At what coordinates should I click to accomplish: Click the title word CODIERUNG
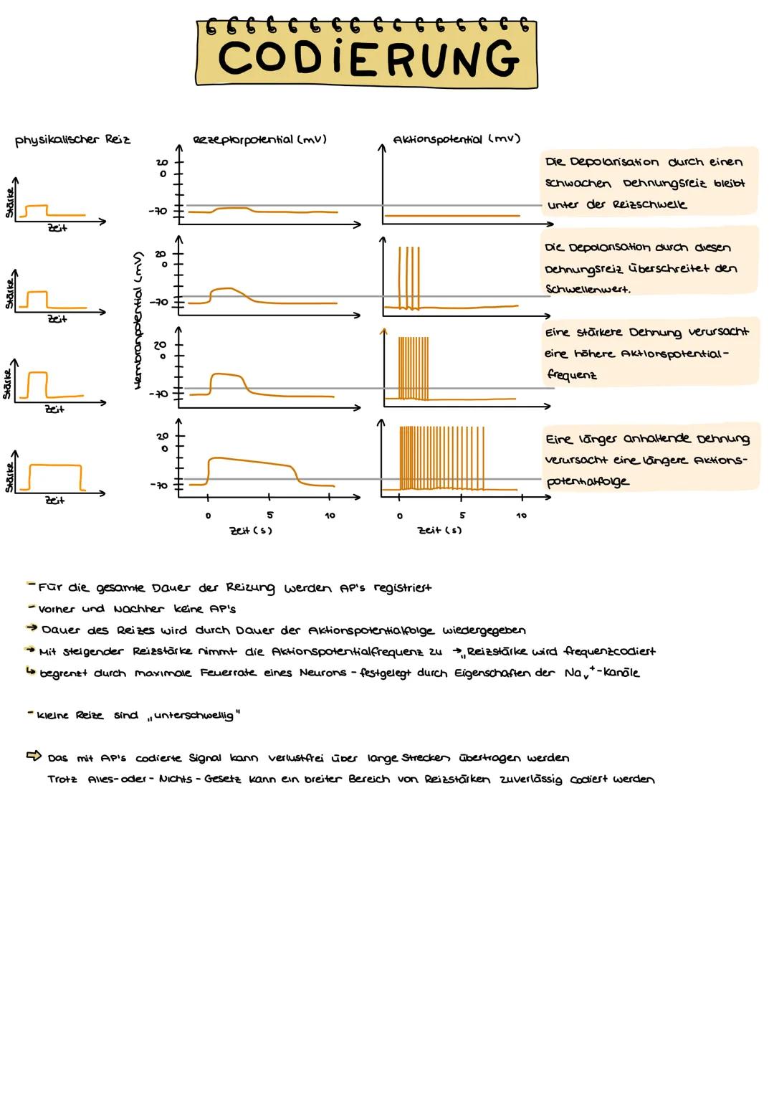coord(368,58)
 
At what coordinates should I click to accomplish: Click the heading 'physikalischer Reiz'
coord(72,139)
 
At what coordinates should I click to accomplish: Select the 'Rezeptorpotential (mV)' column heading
coord(259,138)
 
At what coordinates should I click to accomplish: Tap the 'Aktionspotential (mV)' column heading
coord(456,138)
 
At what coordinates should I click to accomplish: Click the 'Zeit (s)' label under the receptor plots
coord(250,530)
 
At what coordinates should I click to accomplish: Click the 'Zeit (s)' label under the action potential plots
coord(440,530)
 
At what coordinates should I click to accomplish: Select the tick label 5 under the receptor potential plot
coord(269,515)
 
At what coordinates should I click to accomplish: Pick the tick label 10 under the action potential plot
coord(521,515)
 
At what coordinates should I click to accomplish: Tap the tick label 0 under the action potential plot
coord(400,515)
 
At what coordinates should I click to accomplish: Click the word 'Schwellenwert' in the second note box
coord(588,289)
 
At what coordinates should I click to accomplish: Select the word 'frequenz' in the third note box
coord(571,374)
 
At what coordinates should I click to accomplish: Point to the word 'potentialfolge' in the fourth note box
coord(588,481)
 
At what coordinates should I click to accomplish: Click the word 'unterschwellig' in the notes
coord(193,716)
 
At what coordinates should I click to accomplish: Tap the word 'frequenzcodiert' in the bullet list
coord(609,651)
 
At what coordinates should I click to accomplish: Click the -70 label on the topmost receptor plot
coord(157,211)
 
